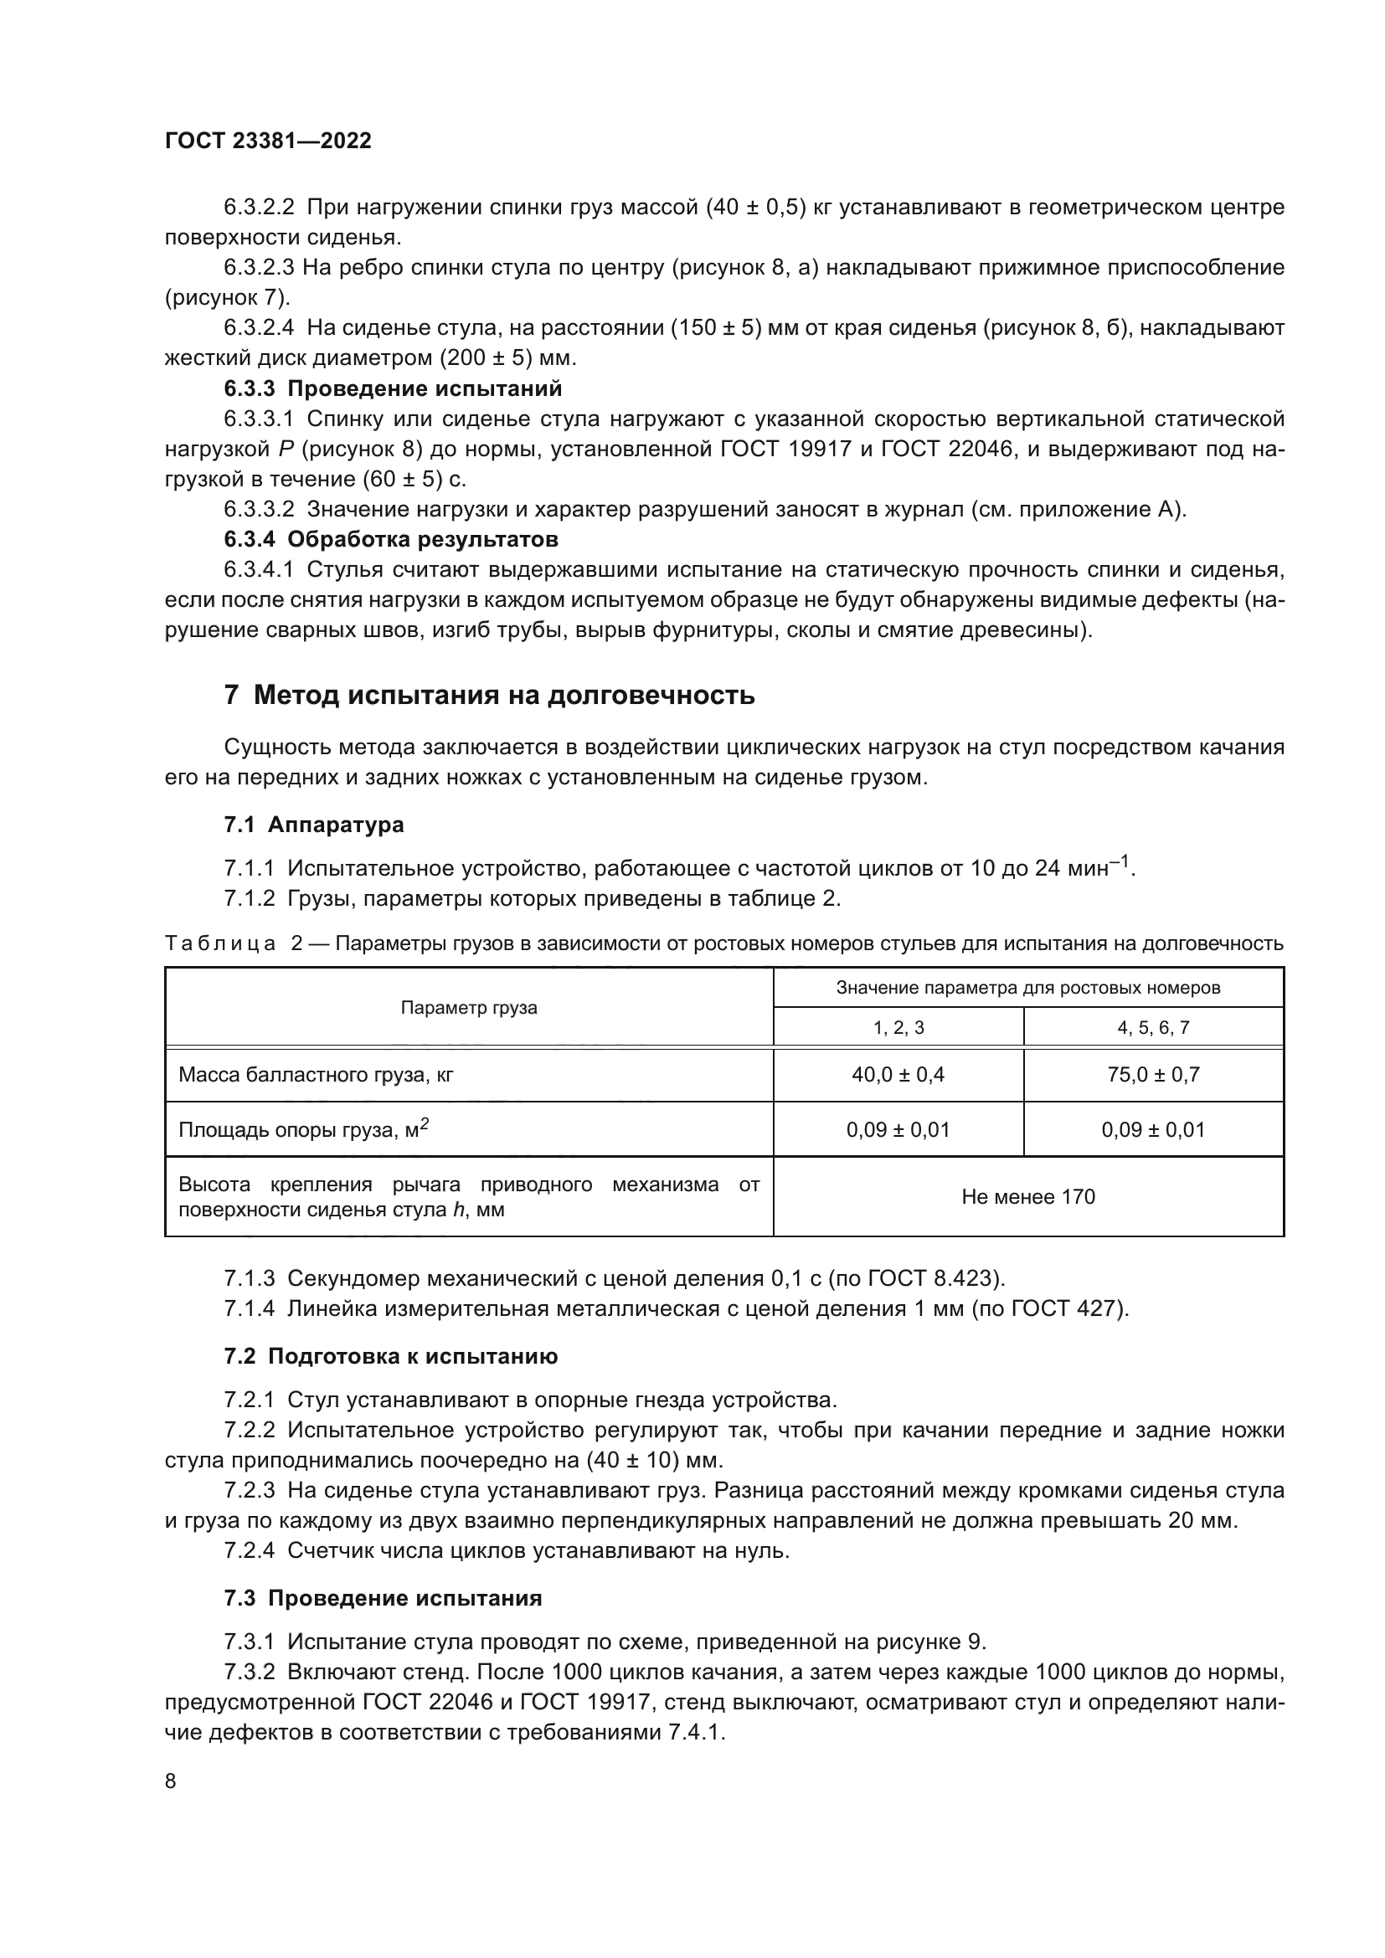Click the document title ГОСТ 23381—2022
tap(268, 141)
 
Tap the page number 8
tap(171, 1781)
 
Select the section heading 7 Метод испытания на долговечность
tap(489, 695)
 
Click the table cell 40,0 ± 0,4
tap(898, 1075)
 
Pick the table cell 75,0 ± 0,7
tap(1153, 1075)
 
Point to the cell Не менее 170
tap(1027, 1196)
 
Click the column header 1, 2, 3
tap(898, 1028)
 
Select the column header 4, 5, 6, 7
tap(1153, 1028)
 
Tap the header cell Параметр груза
tap(469, 1008)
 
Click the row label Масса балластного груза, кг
tap(316, 1075)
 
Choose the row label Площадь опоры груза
tap(303, 1130)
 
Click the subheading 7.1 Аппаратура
tap(313, 825)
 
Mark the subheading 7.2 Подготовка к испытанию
tap(390, 1357)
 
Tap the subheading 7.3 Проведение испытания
tap(383, 1598)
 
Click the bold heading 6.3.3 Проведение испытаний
tap(394, 389)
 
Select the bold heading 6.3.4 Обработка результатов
tap(390, 539)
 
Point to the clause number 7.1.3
tap(249, 1278)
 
